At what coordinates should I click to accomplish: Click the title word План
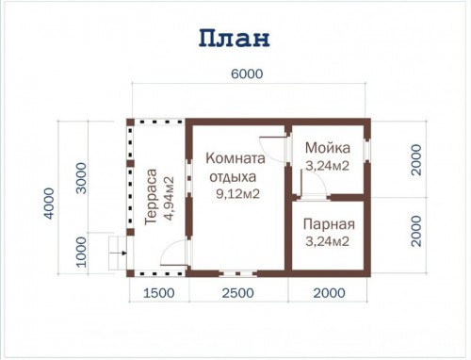click(235, 39)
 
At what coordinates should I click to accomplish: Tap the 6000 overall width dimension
click(247, 74)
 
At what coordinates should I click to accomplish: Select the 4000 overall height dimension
click(49, 204)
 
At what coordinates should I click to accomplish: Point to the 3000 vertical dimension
click(81, 178)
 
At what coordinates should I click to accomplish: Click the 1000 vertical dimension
click(81, 252)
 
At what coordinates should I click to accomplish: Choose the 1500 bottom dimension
click(159, 293)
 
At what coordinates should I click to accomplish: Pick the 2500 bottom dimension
click(238, 293)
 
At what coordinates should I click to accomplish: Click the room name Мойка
click(328, 148)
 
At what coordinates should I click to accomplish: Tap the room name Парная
click(329, 224)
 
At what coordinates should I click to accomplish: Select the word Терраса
click(151, 197)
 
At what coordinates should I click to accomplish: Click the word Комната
click(235, 158)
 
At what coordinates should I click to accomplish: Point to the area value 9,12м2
click(237, 194)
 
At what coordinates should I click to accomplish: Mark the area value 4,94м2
click(169, 198)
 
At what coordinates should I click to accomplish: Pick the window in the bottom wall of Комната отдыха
click(237, 273)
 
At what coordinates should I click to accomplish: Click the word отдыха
click(233, 177)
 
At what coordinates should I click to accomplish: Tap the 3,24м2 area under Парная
click(327, 241)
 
